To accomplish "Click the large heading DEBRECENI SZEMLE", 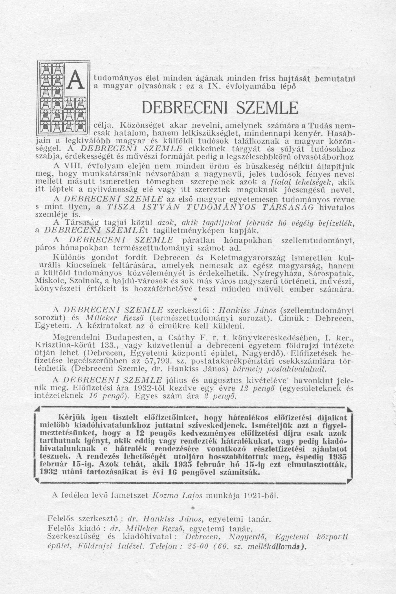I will tap(220, 108).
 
